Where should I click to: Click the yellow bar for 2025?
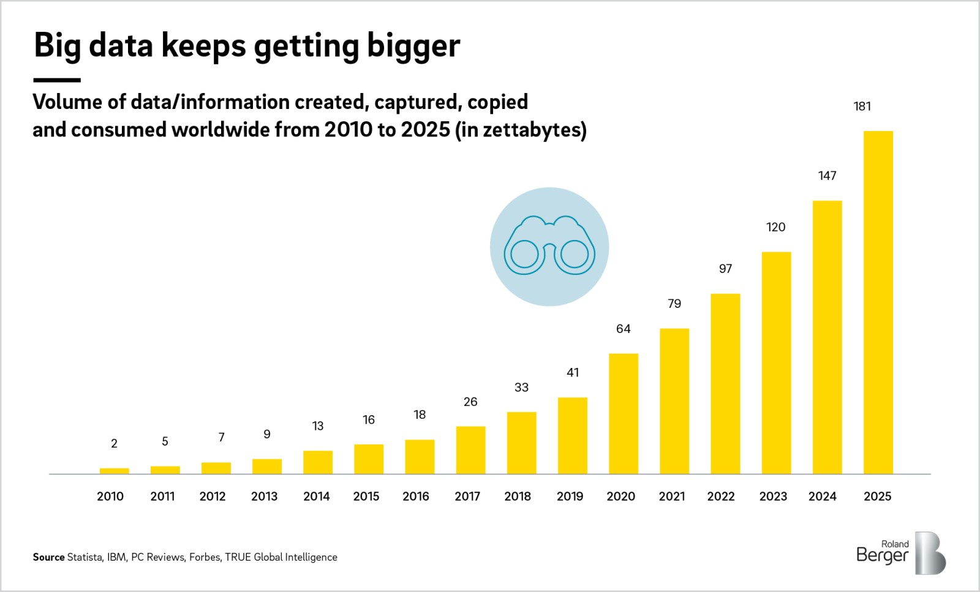878,302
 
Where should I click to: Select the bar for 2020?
623,414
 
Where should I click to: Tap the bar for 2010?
114,471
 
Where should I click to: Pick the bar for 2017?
470,450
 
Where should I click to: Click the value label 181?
862,107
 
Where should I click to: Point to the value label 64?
623,329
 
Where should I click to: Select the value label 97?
725,269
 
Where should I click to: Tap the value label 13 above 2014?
317,426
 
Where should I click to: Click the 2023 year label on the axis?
773,496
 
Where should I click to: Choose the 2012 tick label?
213,496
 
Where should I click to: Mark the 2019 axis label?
570,496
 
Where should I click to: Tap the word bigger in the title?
413,47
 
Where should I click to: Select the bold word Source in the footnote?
48,557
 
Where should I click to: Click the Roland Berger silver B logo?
930,553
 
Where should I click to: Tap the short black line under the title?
56,80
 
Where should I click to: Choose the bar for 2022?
725,384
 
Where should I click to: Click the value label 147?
827,176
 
